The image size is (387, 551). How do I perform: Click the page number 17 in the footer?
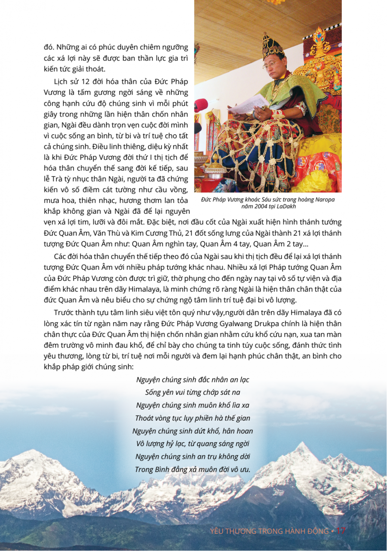click(x=341, y=531)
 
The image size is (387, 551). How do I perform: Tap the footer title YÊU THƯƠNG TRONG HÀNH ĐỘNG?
click(x=269, y=531)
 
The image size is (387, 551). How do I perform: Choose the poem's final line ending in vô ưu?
click(x=193, y=469)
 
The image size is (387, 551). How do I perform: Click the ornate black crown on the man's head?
click(x=272, y=46)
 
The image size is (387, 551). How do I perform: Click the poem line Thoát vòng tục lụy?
click(x=193, y=418)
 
